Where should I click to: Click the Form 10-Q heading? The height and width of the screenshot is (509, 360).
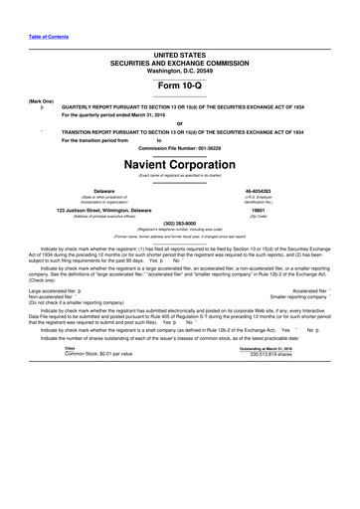[179, 87]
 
